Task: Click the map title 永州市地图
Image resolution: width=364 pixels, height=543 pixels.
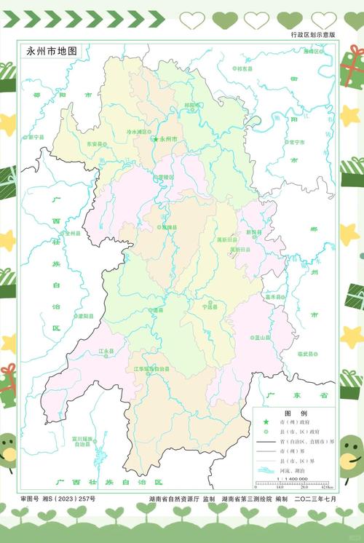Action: (x=52, y=52)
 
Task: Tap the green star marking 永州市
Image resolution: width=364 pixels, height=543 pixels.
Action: (x=155, y=138)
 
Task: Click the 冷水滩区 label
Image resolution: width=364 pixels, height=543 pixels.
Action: (x=138, y=132)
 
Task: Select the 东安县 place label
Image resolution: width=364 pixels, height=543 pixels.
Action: (x=95, y=144)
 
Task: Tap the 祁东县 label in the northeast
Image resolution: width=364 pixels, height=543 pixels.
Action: (x=245, y=68)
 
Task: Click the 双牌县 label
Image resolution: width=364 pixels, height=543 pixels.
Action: (x=168, y=227)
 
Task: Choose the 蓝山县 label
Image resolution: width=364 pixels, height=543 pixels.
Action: (x=262, y=338)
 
